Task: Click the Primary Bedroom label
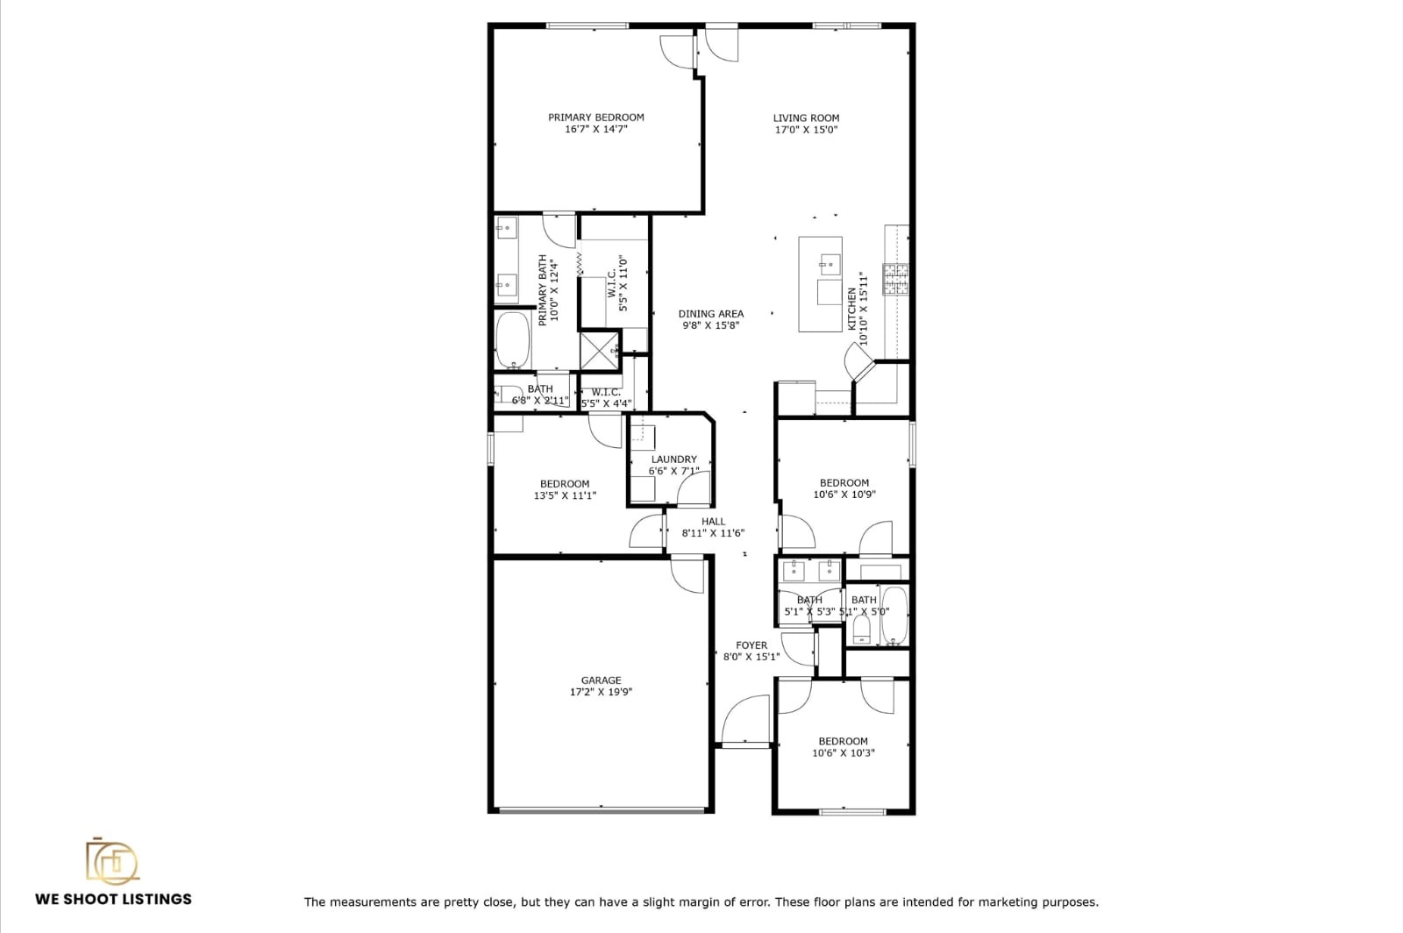click(x=595, y=118)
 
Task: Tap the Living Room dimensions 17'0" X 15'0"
click(x=806, y=130)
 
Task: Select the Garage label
click(x=601, y=680)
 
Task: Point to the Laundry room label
click(x=673, y=459)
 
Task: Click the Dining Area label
click(x=710, y=314)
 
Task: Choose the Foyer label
click(x=751, y=645)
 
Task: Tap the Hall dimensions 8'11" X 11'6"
click(x=713, y=533)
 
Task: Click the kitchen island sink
click(x=829, y=262)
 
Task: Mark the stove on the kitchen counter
click(x=895, y=278)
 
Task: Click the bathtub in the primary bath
click(x=511, y=341)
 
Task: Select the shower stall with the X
click(x=600, y=350)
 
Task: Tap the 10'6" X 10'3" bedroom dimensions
click(x=843, y=753)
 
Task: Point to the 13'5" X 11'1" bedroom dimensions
click(x=565, y=495)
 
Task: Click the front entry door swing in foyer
click(x=745, y=719)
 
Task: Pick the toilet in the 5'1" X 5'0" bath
click(x=860, y=628)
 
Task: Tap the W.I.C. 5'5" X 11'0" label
click(x=617, y=283)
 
